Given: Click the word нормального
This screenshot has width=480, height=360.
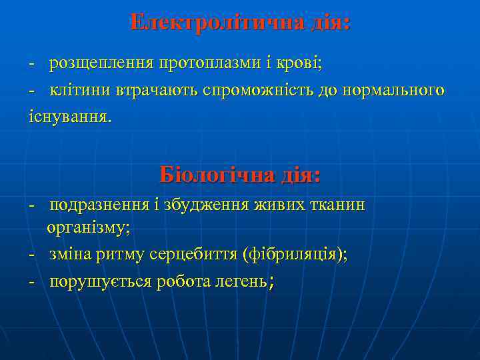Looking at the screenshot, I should [393, 90].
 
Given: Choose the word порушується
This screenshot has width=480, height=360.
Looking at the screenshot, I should [99, 282].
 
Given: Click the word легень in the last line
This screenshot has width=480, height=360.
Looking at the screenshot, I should [239, 282].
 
